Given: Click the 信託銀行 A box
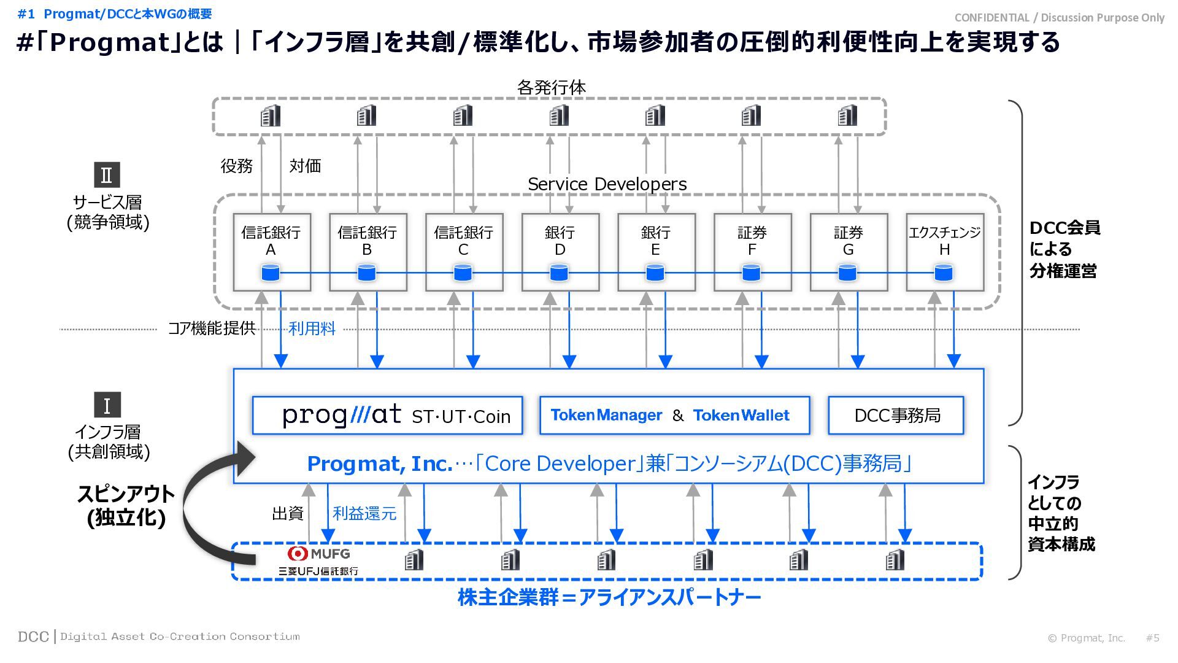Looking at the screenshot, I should coord(271,252).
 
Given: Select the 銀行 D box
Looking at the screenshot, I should coord(560,252).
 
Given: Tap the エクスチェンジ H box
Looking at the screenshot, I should coord(944,252).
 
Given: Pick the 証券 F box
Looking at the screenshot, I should coord(752,252).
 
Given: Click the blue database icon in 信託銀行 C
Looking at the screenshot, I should coord(463,273).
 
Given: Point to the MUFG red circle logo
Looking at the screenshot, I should coord(298,553).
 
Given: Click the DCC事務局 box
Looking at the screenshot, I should coord(896,416).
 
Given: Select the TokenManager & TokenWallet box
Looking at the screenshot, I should coord(674,416).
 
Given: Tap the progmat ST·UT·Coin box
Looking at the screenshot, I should coord(387,416).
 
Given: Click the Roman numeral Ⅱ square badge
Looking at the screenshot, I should coord(107,175).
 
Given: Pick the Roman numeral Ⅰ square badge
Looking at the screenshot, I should coord(107,405).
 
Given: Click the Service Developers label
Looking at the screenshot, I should coord(607,184).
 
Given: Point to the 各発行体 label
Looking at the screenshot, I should coord(551,88).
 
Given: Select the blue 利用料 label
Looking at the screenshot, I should coord(312,329).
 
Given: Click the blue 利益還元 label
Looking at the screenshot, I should coord(364,513).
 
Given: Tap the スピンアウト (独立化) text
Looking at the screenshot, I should coord(126,506).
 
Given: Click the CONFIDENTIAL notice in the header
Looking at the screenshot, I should coord(1059,18).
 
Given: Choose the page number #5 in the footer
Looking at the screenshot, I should coord(1152,638).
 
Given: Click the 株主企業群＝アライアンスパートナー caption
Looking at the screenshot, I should coord(609,597).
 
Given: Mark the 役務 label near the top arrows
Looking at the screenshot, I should coord(236,166).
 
